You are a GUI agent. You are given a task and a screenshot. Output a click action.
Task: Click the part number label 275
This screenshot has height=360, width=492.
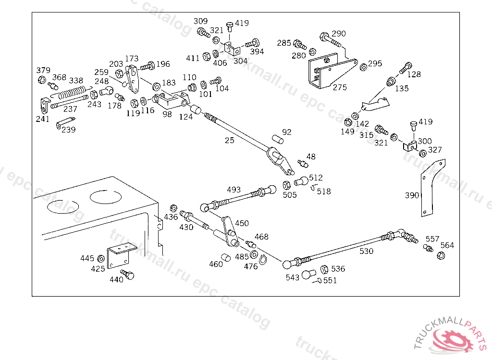[x=340, y=87]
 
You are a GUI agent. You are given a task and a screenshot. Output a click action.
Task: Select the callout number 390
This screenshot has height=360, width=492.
[x=412, y=195]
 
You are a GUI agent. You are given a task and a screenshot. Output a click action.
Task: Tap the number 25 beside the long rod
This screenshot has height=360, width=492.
[x=230, y=140]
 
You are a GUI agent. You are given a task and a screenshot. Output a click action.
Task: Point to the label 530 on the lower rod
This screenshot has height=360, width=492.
[x=366, y=250]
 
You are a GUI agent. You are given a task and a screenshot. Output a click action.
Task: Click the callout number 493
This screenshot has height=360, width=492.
[x=234, y=190]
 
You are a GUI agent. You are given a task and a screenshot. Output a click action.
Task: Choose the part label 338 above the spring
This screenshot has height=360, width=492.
[x=76, y=80]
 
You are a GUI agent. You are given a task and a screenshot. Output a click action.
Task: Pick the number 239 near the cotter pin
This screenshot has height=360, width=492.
[x=68, y=130]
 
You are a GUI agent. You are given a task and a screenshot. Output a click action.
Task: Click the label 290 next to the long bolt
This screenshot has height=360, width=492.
[x=339, y=34]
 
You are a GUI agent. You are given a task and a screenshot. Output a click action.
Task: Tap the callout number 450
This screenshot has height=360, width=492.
[x=242, y=223]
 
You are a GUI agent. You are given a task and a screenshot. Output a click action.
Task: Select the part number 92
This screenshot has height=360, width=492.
[x=287, y=132]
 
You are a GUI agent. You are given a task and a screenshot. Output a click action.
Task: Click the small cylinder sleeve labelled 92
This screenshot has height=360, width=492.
[x=277, y=139]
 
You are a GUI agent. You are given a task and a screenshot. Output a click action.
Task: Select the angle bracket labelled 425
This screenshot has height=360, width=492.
[x=118, y=256]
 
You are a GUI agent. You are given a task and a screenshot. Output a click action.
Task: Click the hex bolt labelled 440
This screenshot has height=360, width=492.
[x=128, y=275]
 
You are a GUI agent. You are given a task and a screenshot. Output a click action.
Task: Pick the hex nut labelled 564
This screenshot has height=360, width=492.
[x=441, y=255]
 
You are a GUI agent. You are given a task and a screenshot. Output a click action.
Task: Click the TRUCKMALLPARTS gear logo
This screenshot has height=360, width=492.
[x=454, y=338]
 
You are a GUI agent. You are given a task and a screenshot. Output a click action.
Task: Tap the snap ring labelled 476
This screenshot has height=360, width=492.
[x=263, y=260]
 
